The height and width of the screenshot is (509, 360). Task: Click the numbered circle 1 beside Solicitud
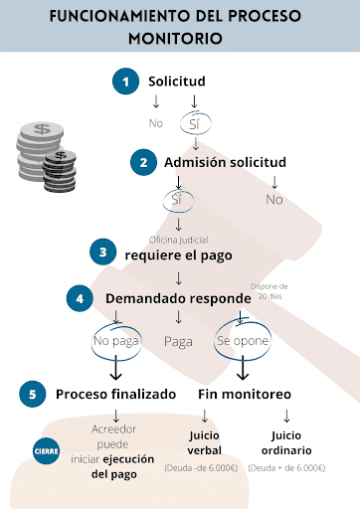tap(125, 82)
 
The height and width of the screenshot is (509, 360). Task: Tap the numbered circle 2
tap(143, 162)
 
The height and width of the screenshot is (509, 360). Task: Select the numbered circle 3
tap(103, 252)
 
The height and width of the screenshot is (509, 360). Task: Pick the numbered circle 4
tap(80, 298)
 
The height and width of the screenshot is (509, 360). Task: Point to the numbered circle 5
tap(33, 394)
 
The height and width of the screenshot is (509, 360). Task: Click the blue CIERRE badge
tap(47, 451)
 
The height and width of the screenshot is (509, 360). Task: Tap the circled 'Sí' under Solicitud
tap(195, 124)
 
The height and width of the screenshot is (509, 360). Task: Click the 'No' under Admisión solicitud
tap(274, 200)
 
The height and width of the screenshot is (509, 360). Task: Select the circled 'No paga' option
tap(116, 341)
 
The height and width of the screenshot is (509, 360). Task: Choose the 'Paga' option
tap(178, 342)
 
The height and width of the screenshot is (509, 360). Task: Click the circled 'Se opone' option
tap(243, 341)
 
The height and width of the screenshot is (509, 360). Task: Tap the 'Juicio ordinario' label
tap(286, 442)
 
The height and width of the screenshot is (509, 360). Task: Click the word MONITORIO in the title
tap(175, 39)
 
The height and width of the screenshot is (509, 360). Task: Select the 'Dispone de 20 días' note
tap(270, 291)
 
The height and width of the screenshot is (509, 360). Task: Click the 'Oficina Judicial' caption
tap(179, 240)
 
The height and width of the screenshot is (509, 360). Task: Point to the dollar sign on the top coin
tap(43, 128)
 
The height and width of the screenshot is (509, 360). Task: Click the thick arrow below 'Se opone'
tap(243, 368)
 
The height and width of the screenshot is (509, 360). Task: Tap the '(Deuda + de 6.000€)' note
tap(286, 468)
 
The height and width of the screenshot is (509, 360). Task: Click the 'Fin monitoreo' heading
tap(245, 395)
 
